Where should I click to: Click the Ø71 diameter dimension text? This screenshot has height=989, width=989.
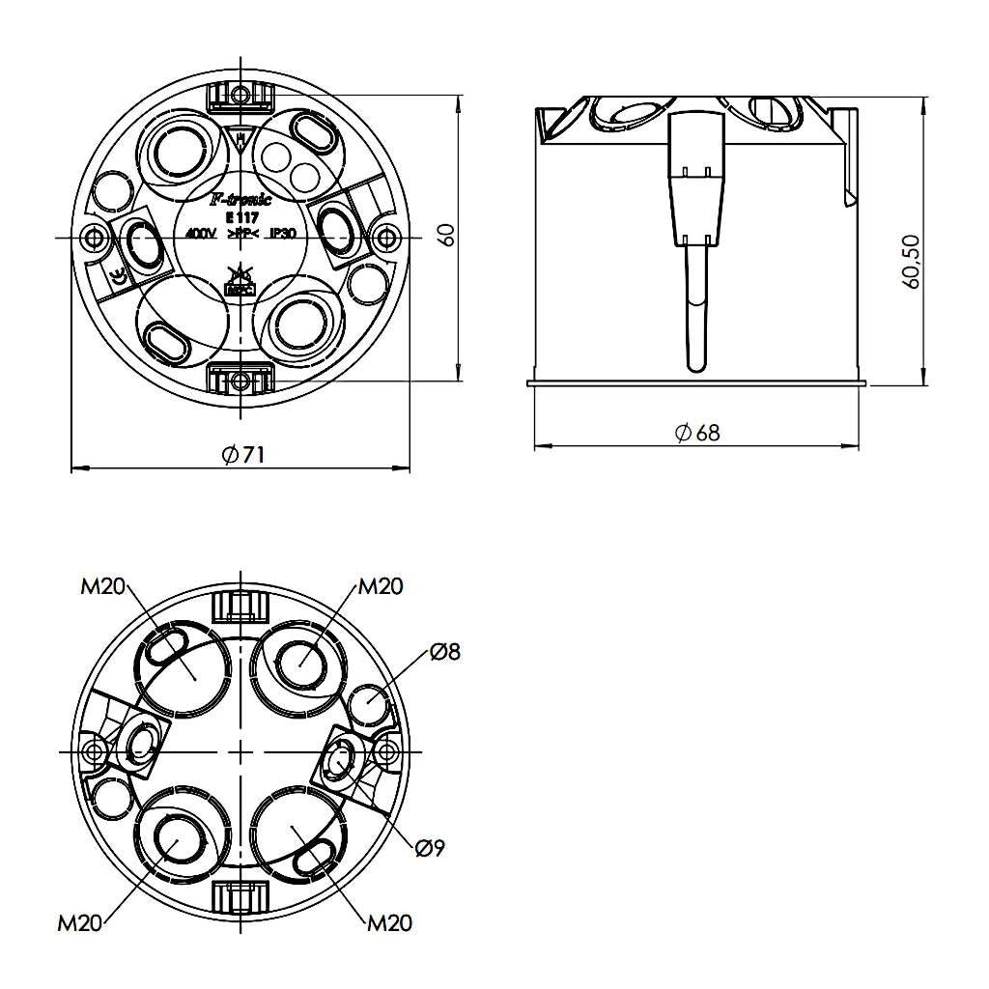coord(242,455)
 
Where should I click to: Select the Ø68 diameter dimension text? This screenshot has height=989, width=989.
coord(697,432)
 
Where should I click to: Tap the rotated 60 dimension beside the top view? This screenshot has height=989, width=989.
coord(445,235)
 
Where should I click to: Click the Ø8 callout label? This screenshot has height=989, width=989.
coord(445,652)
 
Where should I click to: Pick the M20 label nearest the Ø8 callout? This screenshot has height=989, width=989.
coord(381,586)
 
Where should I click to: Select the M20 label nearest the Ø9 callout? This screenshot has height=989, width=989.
coord(389,923)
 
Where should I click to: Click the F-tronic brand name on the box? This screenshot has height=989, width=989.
coord(240,200)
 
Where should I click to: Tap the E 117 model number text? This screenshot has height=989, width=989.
coord(240,217)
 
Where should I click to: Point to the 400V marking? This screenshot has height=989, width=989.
coord(200,234)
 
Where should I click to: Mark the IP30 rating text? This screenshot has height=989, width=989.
coord(282,234)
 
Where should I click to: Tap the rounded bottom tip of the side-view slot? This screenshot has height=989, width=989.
coord(695,365)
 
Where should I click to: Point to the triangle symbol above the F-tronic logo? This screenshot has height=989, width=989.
coord(240,140)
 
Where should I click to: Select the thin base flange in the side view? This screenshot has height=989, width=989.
coord(695,383)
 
